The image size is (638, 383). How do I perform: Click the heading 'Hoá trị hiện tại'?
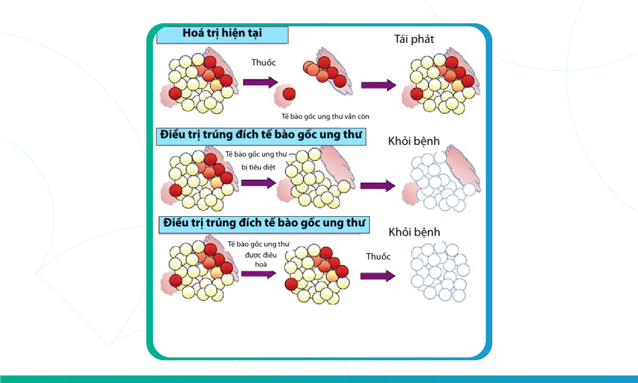(222, 34)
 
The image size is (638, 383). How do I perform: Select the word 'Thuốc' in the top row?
(264, 63)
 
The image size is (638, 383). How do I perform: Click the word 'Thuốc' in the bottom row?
(378, 257)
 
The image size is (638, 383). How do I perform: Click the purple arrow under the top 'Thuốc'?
(260, 82)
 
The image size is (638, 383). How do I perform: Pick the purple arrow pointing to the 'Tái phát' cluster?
(378, 85)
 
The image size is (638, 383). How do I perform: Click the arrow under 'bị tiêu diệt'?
(258, 183)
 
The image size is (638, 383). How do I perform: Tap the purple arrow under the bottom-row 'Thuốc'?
(377, 276)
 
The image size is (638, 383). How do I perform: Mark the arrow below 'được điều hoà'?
(258, 274)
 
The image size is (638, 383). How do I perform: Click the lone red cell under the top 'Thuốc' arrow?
(289, 95)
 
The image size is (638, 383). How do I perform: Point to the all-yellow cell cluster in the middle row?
(314, 178)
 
